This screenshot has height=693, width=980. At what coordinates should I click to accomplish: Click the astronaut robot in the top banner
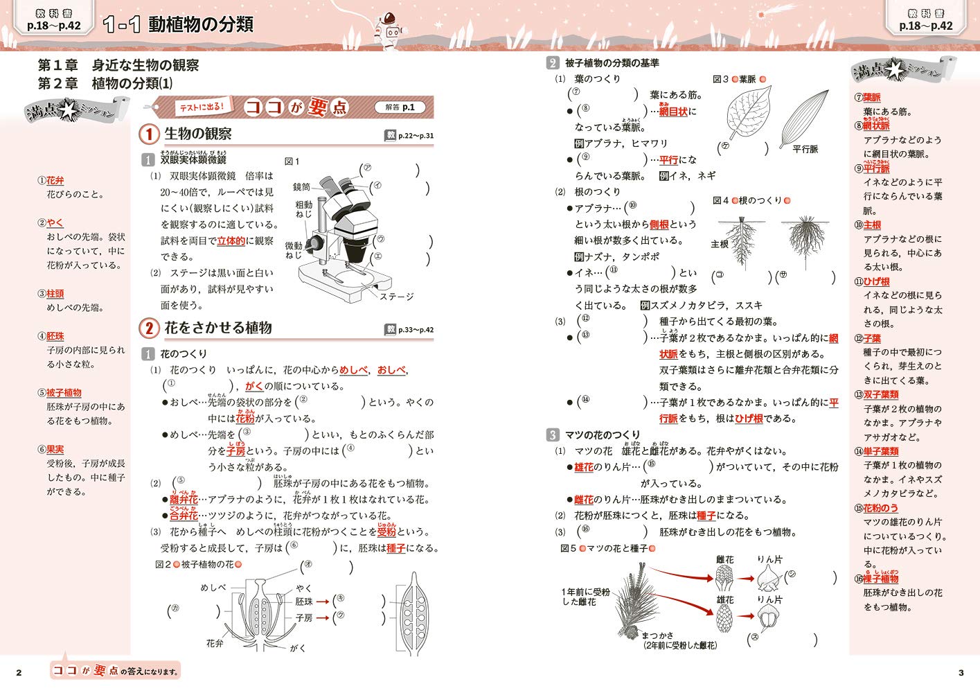(x=389, y=27)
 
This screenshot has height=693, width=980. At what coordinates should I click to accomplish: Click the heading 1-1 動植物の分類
(x=178, y=25)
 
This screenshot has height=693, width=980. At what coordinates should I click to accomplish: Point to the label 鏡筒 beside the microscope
(x=302, y=187)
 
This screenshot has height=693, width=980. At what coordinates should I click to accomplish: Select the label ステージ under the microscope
(x=396, y=296)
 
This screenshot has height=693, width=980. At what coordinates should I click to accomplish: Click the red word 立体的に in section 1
(x=231, y=241)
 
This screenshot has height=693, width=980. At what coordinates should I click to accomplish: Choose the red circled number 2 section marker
(x=149, y=328)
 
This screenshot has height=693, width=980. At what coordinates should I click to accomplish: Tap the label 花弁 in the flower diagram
(x=215, y=643)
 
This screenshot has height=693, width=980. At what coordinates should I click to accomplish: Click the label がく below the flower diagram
(x=298, y=648)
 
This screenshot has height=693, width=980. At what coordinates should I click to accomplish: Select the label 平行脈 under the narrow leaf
(x=805, y=149)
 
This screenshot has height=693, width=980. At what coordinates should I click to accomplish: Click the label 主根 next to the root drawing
(x=720, y=244)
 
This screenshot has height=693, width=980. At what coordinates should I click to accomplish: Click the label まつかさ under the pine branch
(x=657, y=635)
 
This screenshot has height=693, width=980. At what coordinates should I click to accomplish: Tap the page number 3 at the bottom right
(x=961, y=672)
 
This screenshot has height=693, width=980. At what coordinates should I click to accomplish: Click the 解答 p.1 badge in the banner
(x=400, y=107)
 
